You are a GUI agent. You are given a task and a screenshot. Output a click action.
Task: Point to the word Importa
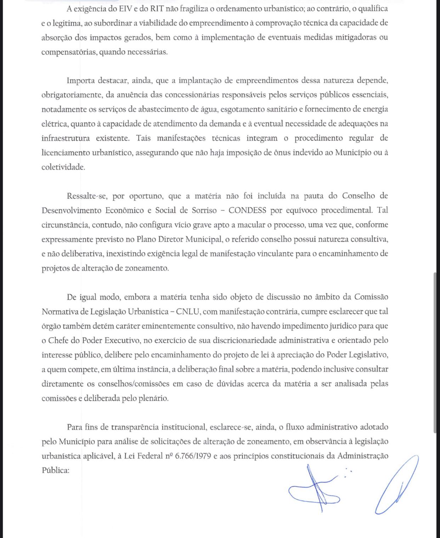click(81, 81)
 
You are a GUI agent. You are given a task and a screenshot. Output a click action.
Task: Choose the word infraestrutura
click(66, 138)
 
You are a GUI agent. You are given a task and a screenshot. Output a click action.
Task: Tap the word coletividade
click(63, 167)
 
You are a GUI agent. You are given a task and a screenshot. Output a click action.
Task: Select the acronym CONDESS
click(247, 210)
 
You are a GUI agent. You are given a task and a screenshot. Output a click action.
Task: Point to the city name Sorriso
click(204, 210)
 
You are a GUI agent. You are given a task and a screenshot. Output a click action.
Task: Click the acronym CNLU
click(188, 312)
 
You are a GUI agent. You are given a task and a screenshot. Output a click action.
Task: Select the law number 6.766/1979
click(193, 456)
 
